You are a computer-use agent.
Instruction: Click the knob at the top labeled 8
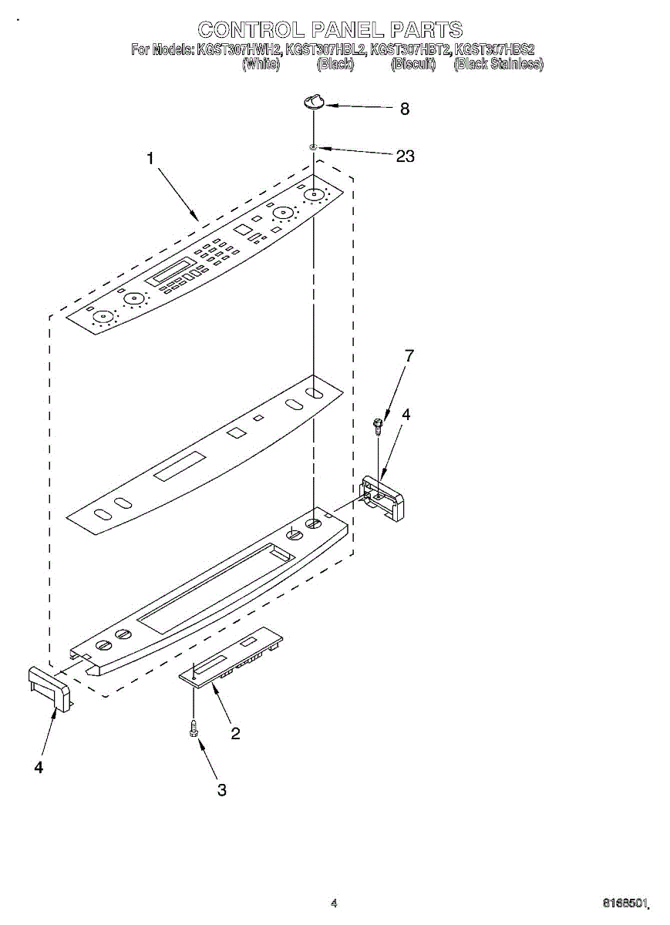click(x=314, y=101)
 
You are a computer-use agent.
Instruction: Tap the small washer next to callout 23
click(x=313, y=146)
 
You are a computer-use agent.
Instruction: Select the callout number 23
click(x=405, y=156)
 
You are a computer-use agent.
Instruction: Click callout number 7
click(x=409, y=355)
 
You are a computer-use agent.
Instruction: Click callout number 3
click(x=222, y=790)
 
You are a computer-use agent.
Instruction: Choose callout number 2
click(x=235, y=734)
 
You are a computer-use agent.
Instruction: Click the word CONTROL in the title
click(x=249, y=30)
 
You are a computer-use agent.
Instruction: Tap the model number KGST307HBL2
click(x=325, y=50)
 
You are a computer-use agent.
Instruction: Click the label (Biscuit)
click(x=413, y=65)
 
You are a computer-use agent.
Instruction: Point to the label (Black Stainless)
click(x=498, y=65)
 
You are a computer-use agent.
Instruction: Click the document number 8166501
click(x=627, y=902)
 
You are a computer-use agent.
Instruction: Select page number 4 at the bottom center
click(x=334, y=903)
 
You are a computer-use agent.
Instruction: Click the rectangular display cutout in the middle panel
click(x=180, y=467)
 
